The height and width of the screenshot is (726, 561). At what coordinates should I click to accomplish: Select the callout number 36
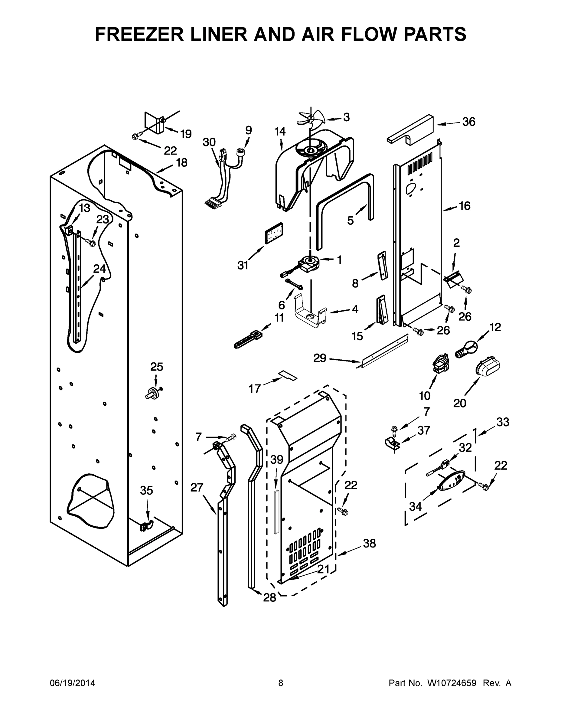(469, 122)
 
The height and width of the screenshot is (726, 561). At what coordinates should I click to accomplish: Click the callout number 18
(181, 162)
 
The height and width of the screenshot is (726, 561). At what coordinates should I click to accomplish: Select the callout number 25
(157, 367)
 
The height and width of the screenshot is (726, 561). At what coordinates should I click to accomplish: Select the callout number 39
(276, 459)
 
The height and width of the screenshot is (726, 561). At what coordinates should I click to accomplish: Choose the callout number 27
(197, 487)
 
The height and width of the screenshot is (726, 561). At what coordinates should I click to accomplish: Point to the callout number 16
(465, 206)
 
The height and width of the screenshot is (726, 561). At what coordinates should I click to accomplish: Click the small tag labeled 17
(288, 375)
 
